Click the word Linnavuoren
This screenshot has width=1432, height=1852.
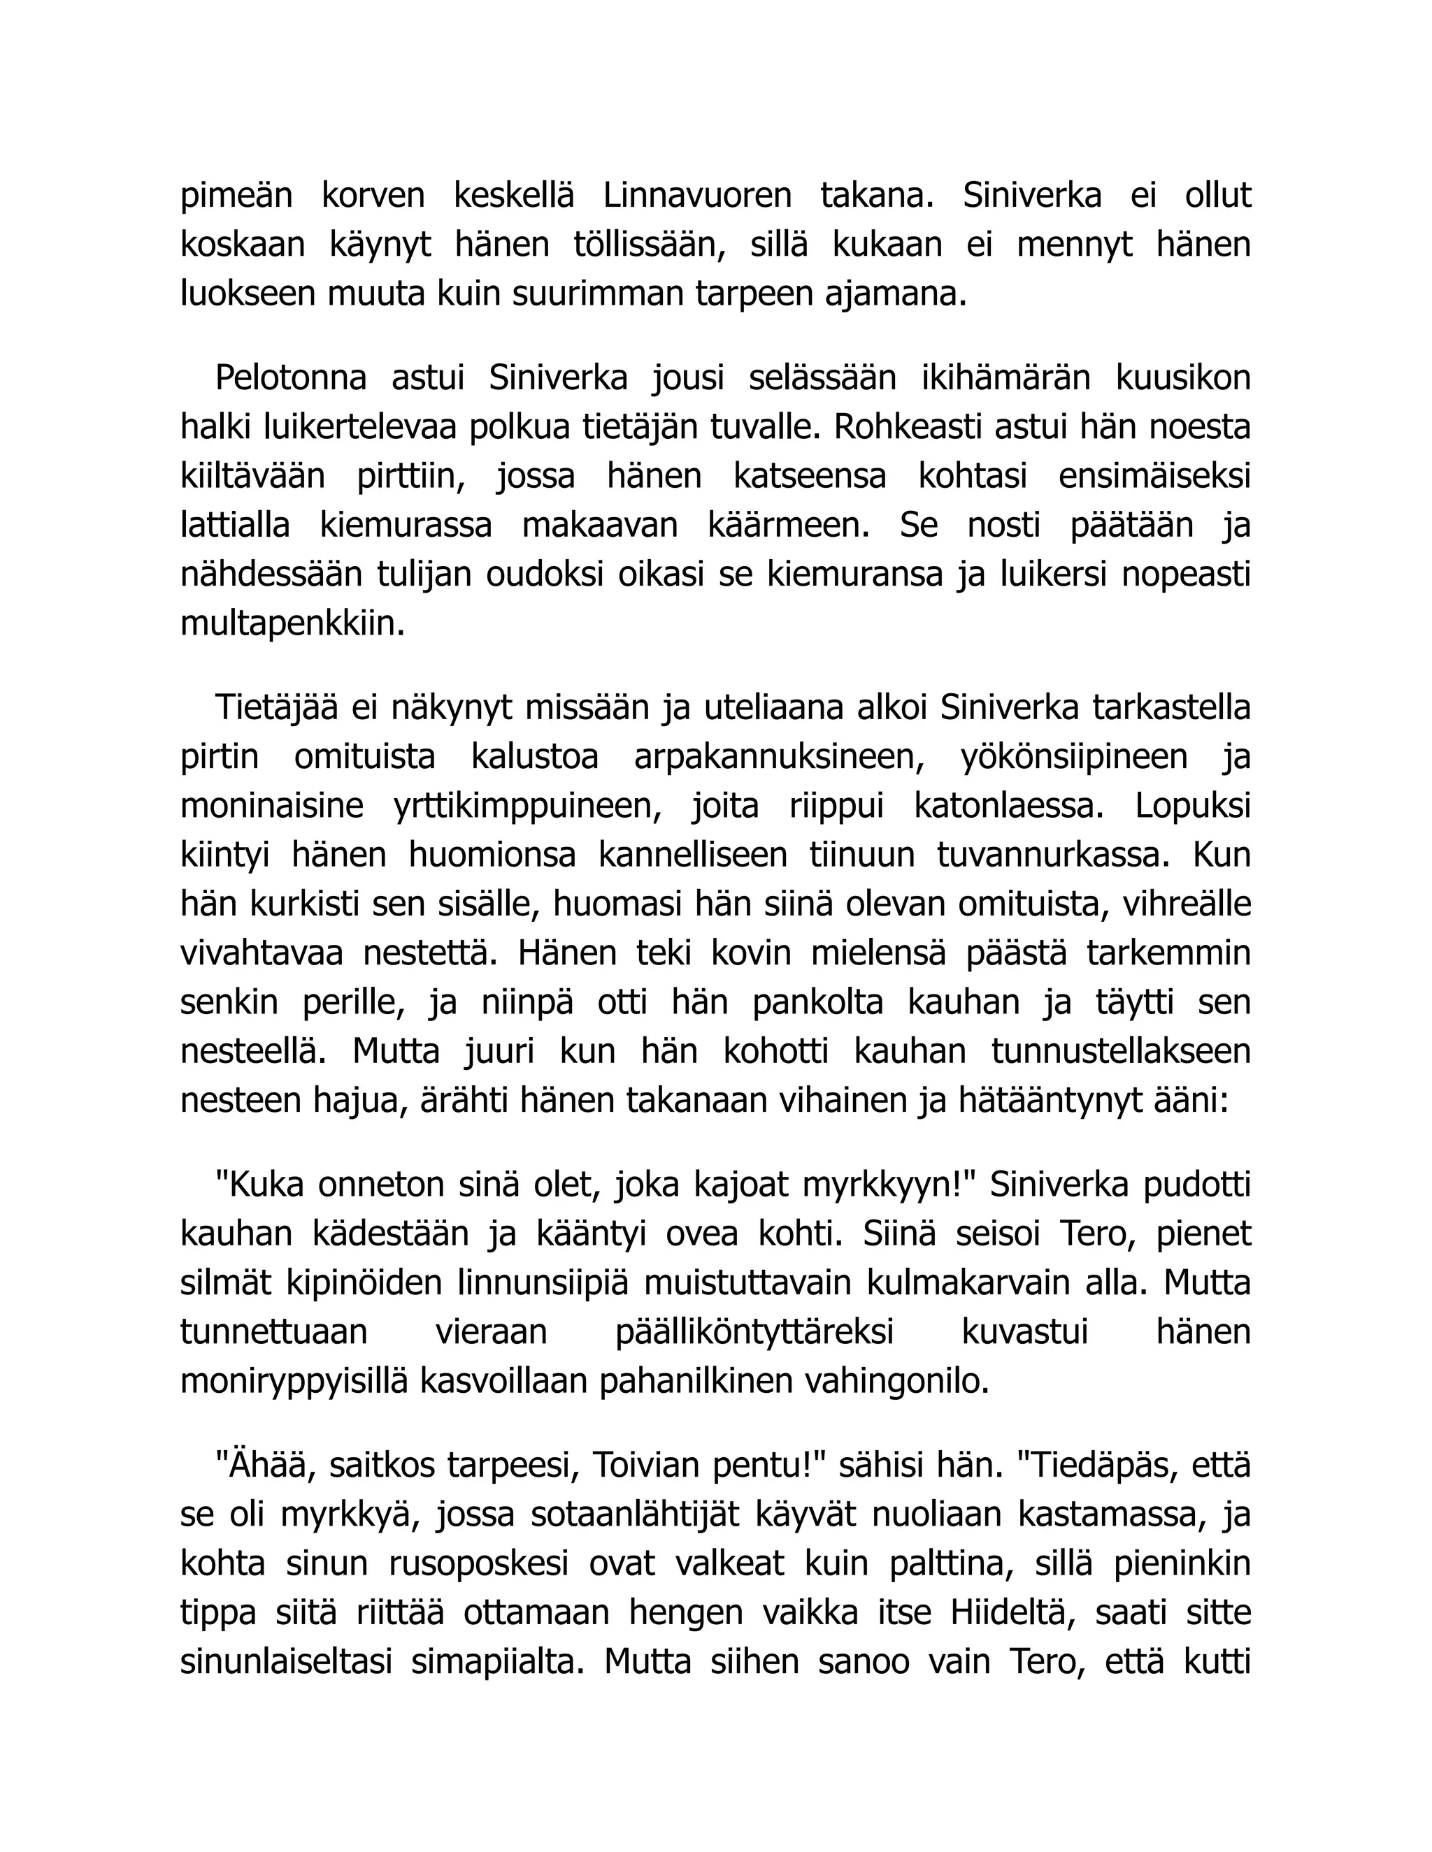(696, 196)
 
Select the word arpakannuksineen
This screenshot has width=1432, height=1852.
(779, 756)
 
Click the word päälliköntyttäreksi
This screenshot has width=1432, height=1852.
(754, 1332)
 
